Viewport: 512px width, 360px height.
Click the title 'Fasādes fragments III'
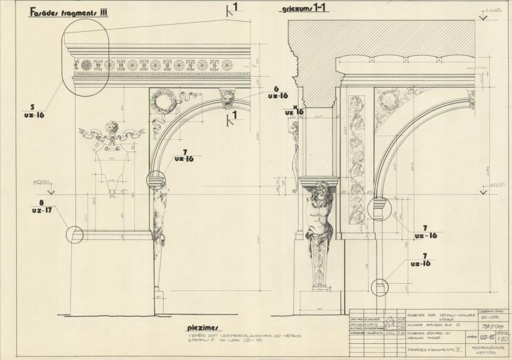pos(68,13)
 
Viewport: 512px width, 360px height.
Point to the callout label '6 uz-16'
pos(276,92)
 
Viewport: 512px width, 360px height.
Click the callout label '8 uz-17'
pos(41,207)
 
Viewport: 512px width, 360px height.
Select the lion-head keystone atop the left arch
pos(228,98)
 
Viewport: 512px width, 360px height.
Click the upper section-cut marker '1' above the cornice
pos(231,8)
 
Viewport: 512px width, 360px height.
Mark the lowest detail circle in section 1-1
pos(380,287)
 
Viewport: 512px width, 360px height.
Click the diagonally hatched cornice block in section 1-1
pos(384,38)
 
